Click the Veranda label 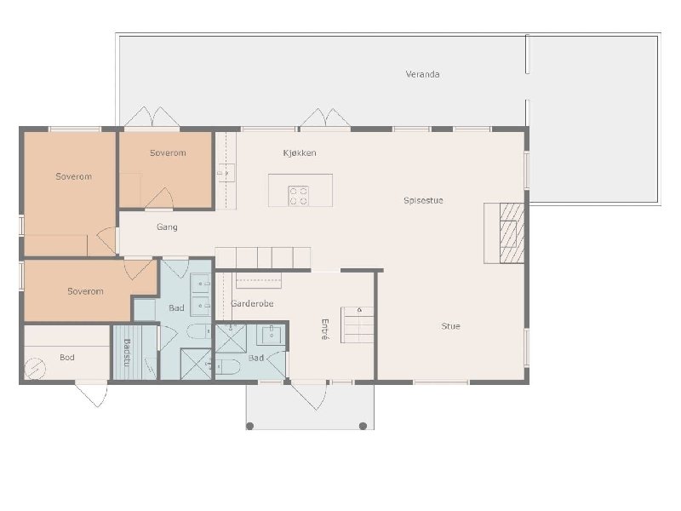(x=422, y=74)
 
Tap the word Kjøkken (x=300, y=153)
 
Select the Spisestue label (x=423, y=200)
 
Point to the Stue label (x=450, y=326)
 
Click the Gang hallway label (x=167, y=227)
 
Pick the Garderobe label (x=252, y=303)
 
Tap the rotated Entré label (x=325, y=329)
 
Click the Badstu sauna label (x=127, y=353)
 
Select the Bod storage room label (x=67, y=357)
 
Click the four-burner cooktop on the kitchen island (x=299, y=196)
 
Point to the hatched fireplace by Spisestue (x=512, y=233)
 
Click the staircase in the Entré (x=357, y=324)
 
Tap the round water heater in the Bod (x=35, y=369)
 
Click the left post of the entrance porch (x=249, y=426)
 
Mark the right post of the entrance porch (x=363, y=426)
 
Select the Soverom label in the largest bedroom (x=73, y=176)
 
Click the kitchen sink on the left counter (x=226, y=173)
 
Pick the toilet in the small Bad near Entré (x=227, y=367)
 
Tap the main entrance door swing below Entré (x=309, y=395)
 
